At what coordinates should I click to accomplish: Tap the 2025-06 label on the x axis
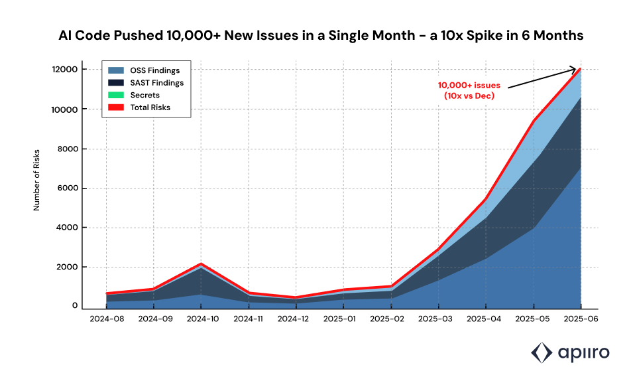click(x=581, y=319)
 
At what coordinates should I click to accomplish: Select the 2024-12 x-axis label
click(x=296, y=319)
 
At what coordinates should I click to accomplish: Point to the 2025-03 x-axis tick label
click(x=438, y=319)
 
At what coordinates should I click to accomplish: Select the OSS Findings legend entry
click(x=154, y=70)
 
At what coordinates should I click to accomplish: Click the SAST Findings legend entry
click(x=156, y=83)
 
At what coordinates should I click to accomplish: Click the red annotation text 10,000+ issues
click(x=469, y=86)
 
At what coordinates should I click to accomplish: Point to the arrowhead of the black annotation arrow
click(x=577, y=69)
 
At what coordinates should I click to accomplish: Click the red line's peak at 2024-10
click(x=201, y=264)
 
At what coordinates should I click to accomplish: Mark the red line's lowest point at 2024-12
click(x=296, y=297)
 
